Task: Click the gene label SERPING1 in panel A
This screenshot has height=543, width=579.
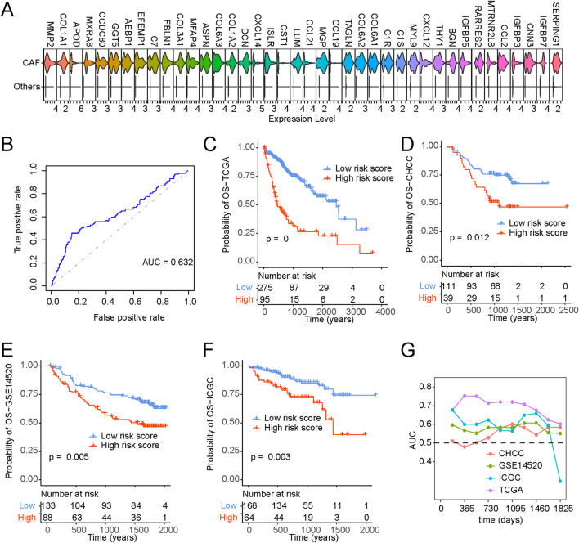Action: pyautogui.click(x=556, y=24)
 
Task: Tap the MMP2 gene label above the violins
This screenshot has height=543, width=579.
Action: pyautogui.click(x=50, y=34)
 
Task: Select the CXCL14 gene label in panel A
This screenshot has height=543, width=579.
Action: pyautogui.click(x=258, y=30)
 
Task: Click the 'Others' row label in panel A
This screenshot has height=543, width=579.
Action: pyautogui.click(x=27, y=87)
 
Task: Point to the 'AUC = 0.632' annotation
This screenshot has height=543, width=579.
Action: pyautogui.click(x=168, y=262)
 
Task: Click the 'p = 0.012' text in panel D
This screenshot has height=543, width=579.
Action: pyautogui.click(x=469, y=237)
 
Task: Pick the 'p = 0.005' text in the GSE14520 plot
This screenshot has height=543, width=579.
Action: pyautogui.click(x=69, y=457)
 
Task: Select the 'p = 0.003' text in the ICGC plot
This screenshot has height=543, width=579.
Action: pyautogui.click(x=271, y=457)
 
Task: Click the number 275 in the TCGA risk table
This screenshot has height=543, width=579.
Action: pyautogui.click(x=265, y=288)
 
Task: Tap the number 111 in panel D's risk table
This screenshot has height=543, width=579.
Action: pyautogui.click(x=449, y=286)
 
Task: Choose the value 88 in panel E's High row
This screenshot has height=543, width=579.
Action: pyautogui.click(x=47, y=518)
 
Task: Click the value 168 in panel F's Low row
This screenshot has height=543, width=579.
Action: pyautogui.click(x=249, y=505)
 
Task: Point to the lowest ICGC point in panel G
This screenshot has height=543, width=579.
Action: pyautogui.click(x=560, y=481)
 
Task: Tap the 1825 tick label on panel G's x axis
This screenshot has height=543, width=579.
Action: pyautogui.click(x=563, y=509)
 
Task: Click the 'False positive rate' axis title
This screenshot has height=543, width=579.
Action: pyautogui.click(x=129, y=317)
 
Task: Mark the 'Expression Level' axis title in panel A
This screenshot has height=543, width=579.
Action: pyautogui.click(x=302, y=119)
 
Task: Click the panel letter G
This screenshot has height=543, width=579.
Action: pyautogui.click(x=408, y=351)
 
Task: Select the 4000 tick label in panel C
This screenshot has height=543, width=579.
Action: pyautogui.click(x=385, y=312)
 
